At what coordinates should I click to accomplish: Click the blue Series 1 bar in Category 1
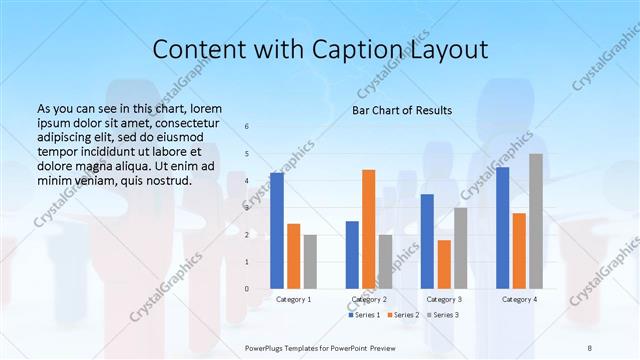pos(277,231)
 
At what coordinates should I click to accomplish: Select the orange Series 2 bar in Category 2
pos(369,229)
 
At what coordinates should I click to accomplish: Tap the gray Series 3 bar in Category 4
pos(536,221)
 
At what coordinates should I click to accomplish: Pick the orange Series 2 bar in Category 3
pos(444,264)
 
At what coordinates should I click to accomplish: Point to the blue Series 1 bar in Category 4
pos(502,228)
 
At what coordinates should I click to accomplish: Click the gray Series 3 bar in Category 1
pos(310,262)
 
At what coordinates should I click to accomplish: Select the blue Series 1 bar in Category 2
pos(352,255)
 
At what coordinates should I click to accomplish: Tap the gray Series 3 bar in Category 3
pos(461,248)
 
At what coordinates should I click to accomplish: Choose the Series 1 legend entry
pos(364,315)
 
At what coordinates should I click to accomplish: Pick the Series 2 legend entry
pos(404,315)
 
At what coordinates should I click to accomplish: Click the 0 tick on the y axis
pos(248,289)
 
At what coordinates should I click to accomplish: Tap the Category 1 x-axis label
pos(293,299)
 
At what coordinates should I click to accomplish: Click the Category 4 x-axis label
pos(519,299)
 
